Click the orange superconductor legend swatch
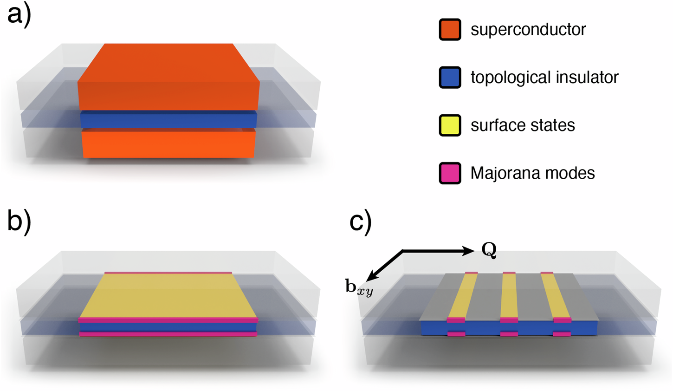(450, 30)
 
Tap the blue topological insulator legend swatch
(450, 78)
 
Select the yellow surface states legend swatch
(450, 125)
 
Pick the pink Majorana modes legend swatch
(450, 173)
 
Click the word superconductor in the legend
(528, 30)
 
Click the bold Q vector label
(489, 251)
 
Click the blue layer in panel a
(168, 119)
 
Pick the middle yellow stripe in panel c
(509, 295)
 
